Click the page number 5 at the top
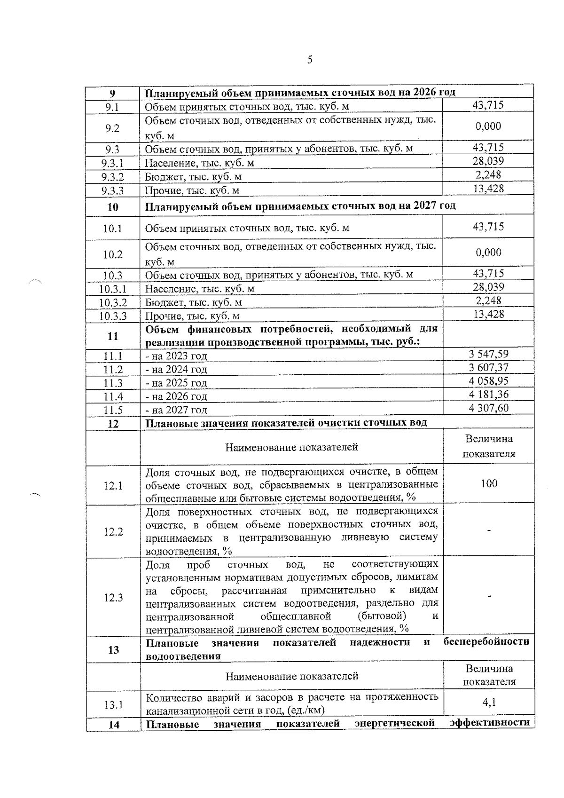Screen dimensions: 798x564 pos(309,60)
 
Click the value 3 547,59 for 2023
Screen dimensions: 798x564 pos(488,354)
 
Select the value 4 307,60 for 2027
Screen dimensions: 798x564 pos(488,408)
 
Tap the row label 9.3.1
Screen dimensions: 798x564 pos(112,163)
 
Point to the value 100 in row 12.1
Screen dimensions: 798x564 pos(489,483)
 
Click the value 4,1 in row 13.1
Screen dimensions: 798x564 pos(489,703)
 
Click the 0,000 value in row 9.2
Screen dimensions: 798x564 pos(488,126)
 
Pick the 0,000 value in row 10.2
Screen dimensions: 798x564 pos(488,253)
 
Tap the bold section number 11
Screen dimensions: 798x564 pos(113,336)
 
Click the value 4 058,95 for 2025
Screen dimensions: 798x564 pos(488,380)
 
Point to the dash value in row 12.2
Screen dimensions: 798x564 pos(489,530)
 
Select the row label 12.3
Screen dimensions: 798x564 pos(113,598)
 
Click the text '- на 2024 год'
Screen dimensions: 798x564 pos(176,370)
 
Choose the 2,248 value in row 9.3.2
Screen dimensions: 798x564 pos(488,175)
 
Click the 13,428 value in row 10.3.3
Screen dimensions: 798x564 pos(488,314)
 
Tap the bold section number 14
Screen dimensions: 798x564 pos(114,725)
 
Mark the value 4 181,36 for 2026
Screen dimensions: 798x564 pos(488,394)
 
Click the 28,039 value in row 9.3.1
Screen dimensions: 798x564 pos(488,161)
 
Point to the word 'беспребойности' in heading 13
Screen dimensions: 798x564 pos(486,642)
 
